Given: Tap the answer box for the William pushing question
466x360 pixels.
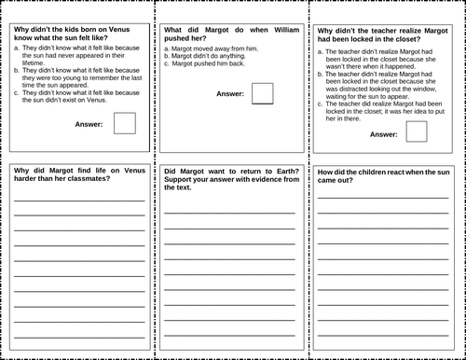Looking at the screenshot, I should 263,93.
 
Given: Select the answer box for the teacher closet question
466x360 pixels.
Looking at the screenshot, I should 417,132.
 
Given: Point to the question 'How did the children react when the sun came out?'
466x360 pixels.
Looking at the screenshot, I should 383,177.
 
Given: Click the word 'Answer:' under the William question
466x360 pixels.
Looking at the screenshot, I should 230,94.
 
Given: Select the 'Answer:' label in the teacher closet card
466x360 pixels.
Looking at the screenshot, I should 383,133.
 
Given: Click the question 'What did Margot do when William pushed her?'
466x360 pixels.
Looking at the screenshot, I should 231,35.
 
